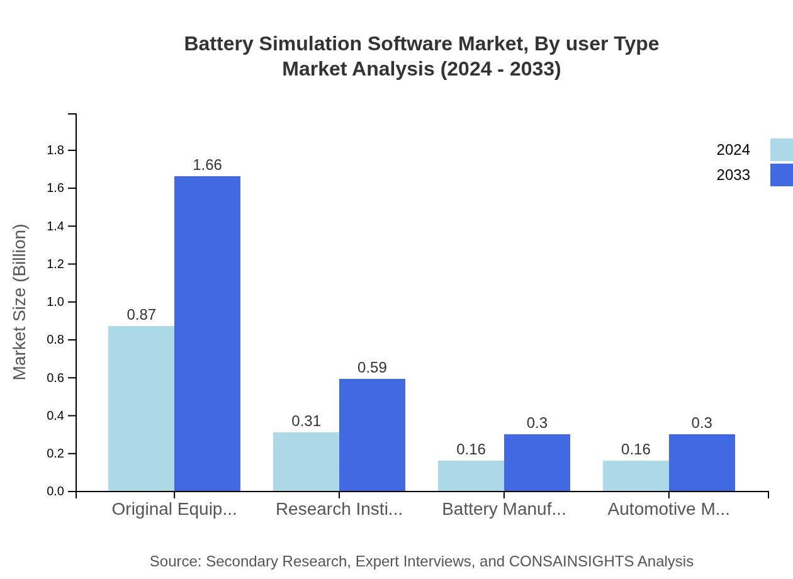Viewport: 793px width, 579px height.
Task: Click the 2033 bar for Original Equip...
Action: pyautogui.click(x=207, y=334)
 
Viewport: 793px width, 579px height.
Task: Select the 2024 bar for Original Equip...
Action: pyautogui.click(x=141, y=408)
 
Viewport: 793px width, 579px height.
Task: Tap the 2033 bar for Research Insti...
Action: pyautogui.click(x=372, y=435)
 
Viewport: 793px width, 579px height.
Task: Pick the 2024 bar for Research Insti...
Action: pyautogui.click(x=306, y=461)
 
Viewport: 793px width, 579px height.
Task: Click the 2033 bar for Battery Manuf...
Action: pyautogui.click(x=537, y=463)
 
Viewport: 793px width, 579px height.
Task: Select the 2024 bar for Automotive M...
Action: pyautogui.click(x=636, y=476)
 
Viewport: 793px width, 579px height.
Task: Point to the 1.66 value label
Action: pyautogui.click(x=207, y=165)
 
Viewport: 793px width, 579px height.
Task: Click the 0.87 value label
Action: pyautogui.click(x=141, y=315)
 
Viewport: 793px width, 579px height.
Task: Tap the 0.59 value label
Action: pyautogui.click(x=372, y=368)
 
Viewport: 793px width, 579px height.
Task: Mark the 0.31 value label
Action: pyautogui.click(x=306, y=421)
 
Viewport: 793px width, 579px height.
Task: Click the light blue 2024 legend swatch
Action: pyautogui.click(x=781, y=150)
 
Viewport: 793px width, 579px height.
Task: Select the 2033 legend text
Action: pyautogui.click(x=733, y=175)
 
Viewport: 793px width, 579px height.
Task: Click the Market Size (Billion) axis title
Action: pyautogui.click(x=20, y=302)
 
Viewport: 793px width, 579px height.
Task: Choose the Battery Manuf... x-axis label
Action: pyautogui.click(x=503, y=509)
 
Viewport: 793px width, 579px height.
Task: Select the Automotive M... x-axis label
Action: pyautogui.click(x=668, y=509)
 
